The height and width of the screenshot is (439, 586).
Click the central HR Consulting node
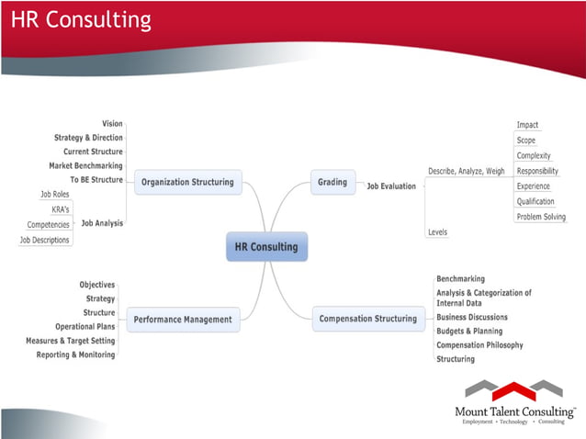click(x=266, y=247)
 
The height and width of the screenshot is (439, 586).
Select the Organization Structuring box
click(x=187, y=182)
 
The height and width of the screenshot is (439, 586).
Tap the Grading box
click(x=332, y=182)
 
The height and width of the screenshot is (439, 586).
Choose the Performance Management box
click(x=183, y=320)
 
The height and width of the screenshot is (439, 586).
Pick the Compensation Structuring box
click(x=367, y=320)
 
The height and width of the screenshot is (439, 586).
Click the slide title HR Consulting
click(x=81, y=20)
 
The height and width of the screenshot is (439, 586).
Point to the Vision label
click(x=112, y=124)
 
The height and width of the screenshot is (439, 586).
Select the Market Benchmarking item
click(x=85, y=166)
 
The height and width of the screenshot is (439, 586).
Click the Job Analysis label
click(x=102, y=222)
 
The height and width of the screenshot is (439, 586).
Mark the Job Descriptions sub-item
click(x=45, y=240)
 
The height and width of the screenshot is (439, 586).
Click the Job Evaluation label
click(x=391, y=186)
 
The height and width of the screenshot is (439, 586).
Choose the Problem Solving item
click(x=541, y=217)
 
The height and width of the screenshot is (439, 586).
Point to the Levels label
click(x=438, y=232)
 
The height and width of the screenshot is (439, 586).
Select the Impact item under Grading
click(x=527, y=125)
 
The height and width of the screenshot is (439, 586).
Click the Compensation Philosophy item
click(x=479, y=345)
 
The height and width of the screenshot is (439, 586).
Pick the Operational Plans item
click(x=85, y=326)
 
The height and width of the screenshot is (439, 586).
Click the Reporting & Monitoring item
click(x=76, y=355)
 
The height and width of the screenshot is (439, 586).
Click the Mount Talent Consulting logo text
click(x=514, y=411)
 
